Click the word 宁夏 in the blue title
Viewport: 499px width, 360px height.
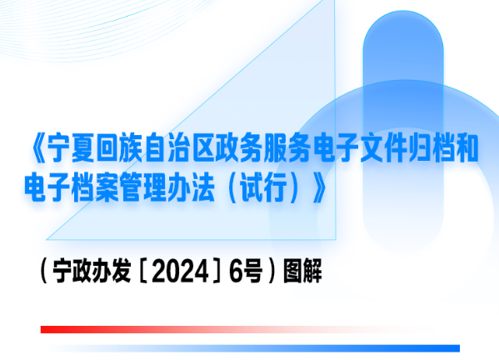[x=71, y=149]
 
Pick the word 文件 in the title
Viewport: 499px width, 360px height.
[x=383, y=149]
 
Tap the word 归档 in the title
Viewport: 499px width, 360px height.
[x=432, y=149]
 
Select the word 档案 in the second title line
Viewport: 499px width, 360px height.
[x=96, y=187]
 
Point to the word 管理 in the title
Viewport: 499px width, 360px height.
[x=143, y=187]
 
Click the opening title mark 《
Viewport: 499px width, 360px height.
[x=38, y=149]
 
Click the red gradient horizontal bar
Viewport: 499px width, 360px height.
[x=229, y=329]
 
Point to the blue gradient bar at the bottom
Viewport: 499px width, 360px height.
[x=255, y=348]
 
